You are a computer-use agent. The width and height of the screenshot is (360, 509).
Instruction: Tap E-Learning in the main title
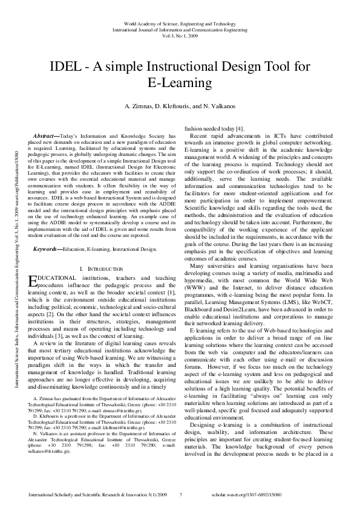(x=180, y=82)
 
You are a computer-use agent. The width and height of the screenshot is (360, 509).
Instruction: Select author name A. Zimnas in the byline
(x=138, y=106)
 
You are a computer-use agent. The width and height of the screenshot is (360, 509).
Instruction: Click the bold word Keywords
(x=50, y=248)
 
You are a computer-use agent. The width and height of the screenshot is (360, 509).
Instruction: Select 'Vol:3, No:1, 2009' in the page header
(x=180, y=35)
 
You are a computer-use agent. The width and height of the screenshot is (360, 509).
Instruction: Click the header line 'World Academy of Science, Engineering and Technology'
(x=180, y=22)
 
